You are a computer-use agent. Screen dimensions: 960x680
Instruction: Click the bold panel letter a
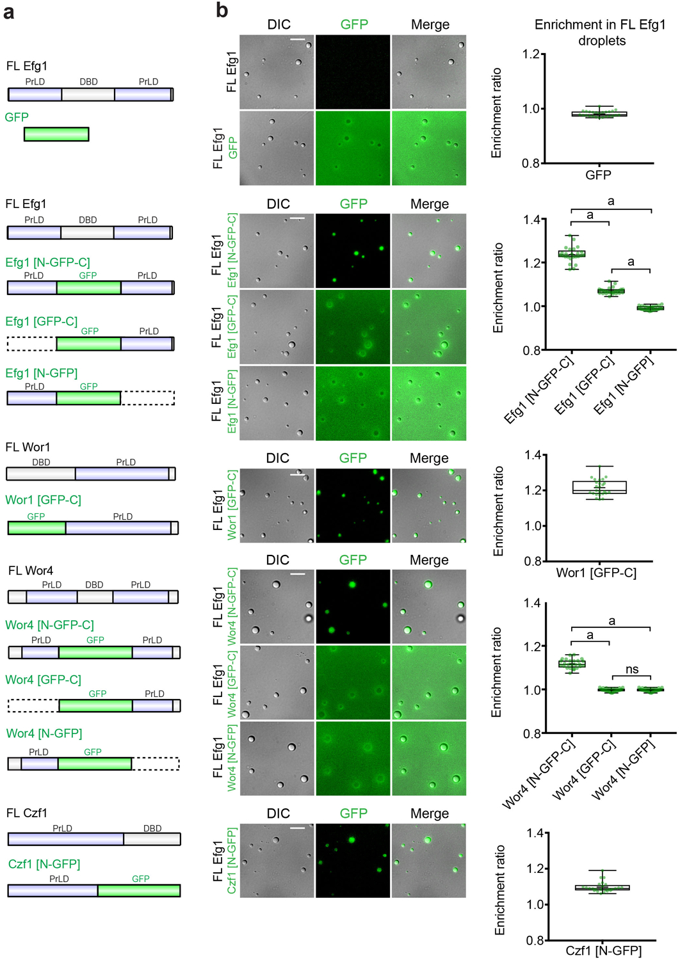[9, 12]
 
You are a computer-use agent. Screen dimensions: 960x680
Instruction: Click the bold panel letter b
[222, 10]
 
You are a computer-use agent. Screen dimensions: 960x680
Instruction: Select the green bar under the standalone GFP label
[56, 134]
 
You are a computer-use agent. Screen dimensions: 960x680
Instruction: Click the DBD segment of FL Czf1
[152, 839]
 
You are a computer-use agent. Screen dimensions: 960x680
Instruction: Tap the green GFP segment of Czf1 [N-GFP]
[139, 890]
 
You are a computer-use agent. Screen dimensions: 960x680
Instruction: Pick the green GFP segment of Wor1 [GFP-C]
[36, 528]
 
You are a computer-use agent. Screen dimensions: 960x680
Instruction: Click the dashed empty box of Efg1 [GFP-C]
[31, 344]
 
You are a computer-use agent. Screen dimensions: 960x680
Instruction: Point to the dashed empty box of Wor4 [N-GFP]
[155, 764]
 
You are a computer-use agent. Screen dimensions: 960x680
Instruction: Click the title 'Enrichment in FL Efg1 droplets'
[600, 33]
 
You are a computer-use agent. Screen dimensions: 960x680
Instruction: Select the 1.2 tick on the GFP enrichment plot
[531, 54]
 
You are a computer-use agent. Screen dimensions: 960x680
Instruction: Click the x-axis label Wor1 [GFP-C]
[596, 573]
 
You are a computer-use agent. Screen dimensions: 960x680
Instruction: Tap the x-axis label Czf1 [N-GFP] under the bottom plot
[603, 950]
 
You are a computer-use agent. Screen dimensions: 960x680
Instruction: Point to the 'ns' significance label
[632, 669]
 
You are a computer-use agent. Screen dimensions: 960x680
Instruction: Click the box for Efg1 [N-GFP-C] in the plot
[572, 254]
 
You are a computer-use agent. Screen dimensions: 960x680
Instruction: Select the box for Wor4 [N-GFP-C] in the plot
[572, 664]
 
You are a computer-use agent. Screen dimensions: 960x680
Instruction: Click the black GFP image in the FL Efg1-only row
[353, 72]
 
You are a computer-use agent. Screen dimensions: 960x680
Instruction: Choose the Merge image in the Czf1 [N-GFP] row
[428, 861]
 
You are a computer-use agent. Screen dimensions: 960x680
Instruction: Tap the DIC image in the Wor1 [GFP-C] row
[277, 506]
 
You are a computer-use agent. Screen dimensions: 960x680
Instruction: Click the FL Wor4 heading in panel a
[30, 570]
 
